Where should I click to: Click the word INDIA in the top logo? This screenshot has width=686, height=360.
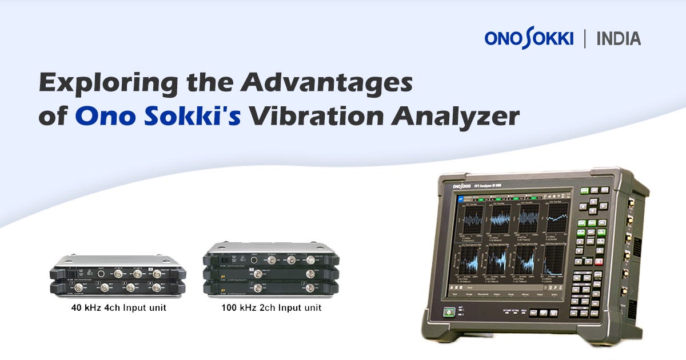[x=619, y=39]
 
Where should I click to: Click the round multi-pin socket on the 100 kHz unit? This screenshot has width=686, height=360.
[x=248, y=261]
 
